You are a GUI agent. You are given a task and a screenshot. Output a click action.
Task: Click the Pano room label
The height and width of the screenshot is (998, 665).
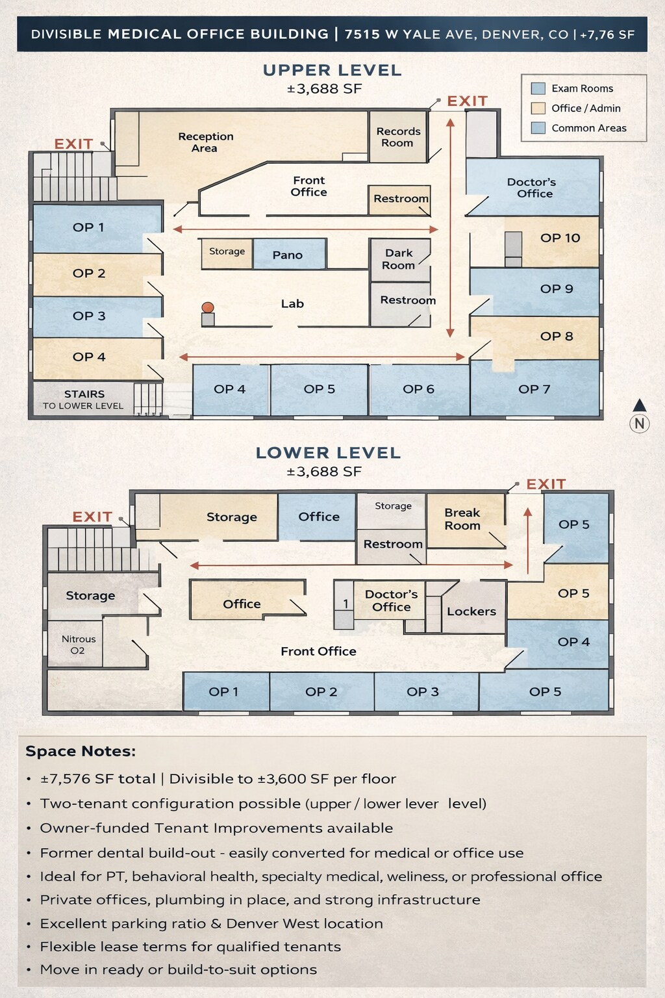[x=288, y=255]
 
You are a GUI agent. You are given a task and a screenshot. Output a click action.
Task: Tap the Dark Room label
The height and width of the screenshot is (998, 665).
[x=399, y=259]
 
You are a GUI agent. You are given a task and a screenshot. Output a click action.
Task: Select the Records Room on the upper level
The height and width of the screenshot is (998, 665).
[x=398, y=137]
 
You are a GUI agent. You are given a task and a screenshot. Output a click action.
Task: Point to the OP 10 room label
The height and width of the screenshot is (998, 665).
[x=560, y=238]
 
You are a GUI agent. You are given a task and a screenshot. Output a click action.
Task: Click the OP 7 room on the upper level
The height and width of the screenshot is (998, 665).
[x=534, y=389]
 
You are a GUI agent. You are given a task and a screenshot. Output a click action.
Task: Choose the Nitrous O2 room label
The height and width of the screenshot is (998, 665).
[x=78, y=645]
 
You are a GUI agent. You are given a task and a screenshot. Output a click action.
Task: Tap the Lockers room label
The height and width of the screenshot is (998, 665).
[x=471, y=611]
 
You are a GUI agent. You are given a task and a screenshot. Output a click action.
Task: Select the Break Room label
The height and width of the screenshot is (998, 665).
[x=462, y=519]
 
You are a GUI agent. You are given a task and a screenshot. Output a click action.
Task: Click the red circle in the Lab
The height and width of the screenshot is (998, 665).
[x=208, y=307]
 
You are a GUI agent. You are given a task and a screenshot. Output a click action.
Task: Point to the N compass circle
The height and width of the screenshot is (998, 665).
[x=640, y=424]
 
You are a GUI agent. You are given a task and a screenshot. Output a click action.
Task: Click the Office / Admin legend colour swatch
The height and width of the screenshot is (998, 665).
[x=538, y=109]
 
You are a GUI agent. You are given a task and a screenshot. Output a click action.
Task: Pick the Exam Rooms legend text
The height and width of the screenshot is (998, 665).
[x=582, y=88]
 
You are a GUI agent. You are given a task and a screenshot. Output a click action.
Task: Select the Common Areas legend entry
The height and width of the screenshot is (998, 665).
[x=588, y=128]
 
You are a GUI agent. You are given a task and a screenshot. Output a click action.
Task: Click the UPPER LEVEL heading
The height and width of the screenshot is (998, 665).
[x=332, y=70]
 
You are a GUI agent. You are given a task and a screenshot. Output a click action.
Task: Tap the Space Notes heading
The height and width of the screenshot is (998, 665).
[x=81, y=751]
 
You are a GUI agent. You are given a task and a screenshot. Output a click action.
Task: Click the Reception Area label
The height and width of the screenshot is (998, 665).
[x=205, y=142]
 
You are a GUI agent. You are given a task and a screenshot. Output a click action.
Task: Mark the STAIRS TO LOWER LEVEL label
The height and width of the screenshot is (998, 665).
[x=84, y=400]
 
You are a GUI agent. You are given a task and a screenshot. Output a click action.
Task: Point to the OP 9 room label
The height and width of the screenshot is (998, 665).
[x=557, y=289]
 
